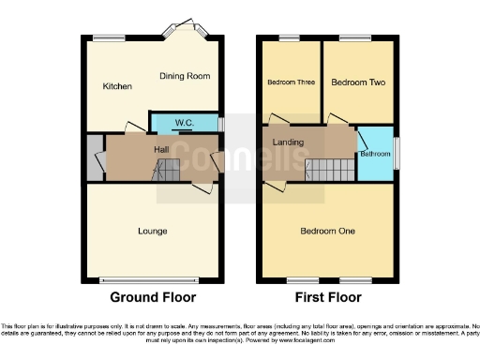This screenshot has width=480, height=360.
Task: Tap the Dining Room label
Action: pyautogui.click(x=184, y=76)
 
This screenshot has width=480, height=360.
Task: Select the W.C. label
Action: pyautogui.click(x=184, y=122)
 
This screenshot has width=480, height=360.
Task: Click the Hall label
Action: pyautogui.click(x=161, y=148)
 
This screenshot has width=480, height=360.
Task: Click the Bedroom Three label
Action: pyautogui.click(x=291, y=82)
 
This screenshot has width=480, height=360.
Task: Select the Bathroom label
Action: pyautogui.click(x=375, y=153)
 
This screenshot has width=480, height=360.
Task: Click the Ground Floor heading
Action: pyautogui.click(x=153, y=297)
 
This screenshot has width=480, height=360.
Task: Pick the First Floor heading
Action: pyautogui.click(x=327, y=297)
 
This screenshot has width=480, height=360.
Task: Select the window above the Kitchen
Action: pyautogui.click(x=105, y=37)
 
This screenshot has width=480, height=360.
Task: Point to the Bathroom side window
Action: pyautogui.click(x=395, y=152)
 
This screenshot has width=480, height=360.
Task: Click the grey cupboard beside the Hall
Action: pyautogui.click(x=93, y=157)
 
